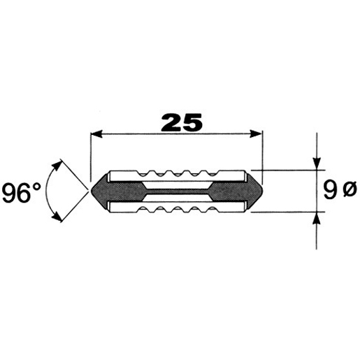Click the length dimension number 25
point(182,122)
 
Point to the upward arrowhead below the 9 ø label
point(318,219)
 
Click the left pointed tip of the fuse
point(90,189)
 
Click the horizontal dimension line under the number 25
point(178,133)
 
